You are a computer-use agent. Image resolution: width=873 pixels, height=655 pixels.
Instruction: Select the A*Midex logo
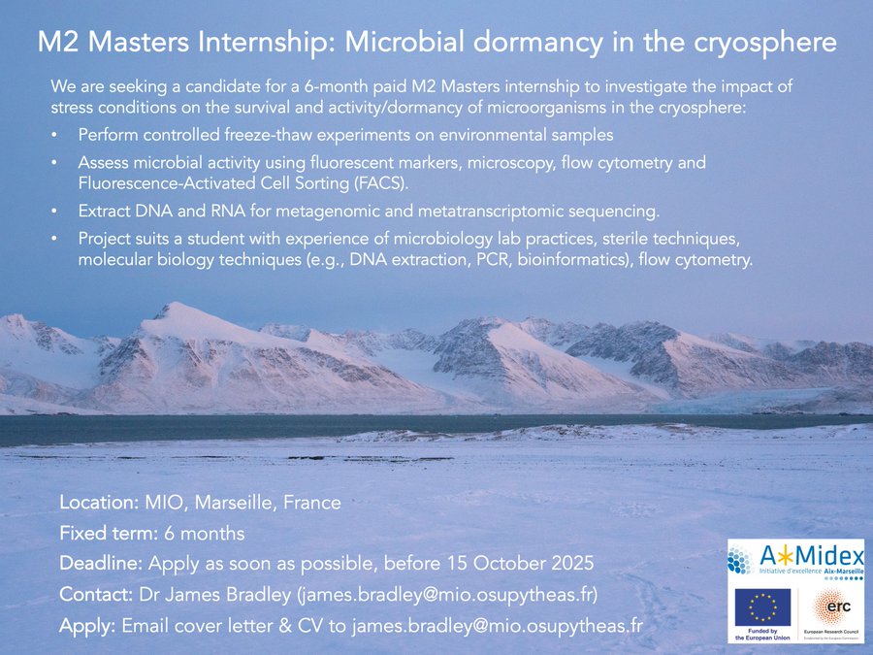796,560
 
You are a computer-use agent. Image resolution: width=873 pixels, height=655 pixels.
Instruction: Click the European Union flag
762,607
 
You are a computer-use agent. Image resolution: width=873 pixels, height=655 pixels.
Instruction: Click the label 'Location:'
99,503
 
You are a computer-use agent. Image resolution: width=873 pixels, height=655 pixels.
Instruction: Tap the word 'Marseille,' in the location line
236,503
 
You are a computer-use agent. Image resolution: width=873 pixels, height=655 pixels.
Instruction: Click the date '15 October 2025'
520,563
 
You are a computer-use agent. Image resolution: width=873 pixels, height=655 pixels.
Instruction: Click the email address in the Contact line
447,594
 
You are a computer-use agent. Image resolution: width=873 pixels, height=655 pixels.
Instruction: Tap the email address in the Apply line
498,626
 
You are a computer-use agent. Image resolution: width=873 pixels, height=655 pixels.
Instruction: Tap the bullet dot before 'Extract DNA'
54,212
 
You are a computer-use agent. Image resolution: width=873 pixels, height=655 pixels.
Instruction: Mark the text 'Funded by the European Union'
762,634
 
